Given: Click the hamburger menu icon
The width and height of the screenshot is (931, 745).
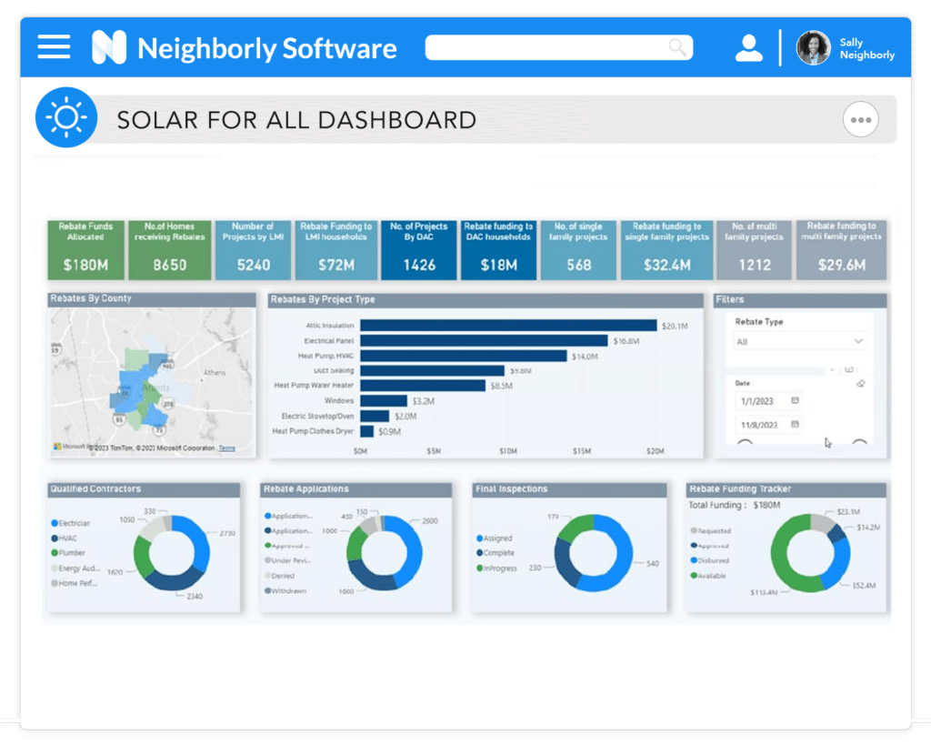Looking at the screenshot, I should (x=54, y=46).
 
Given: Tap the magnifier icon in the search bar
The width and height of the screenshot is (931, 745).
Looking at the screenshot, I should (x=677, y=47).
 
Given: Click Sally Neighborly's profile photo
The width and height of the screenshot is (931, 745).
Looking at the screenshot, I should (x=813, y=48).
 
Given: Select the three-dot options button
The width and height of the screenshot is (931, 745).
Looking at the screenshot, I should (x=860, y=119).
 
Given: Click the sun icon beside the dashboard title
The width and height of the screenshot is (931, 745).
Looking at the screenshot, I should (x=65, y=118).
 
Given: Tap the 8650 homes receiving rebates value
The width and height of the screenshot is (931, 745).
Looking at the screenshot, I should (x=169, y=265).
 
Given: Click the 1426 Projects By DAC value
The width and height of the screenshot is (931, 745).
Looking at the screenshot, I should (x=419, y=265).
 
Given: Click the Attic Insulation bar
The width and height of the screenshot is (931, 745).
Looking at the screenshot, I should (x=507, y=325).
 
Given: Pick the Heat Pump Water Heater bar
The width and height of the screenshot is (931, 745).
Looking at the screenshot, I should (x=424, y=386).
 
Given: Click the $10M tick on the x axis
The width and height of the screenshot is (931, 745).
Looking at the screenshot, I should (x=508, y=451).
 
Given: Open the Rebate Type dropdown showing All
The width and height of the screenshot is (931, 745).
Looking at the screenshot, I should (x=799, y=341).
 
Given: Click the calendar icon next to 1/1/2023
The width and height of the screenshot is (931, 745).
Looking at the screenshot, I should (x=795, y=400).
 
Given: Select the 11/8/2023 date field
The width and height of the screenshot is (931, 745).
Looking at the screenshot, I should (x=759, y=425).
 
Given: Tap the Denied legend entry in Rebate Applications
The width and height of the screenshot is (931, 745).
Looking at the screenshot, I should (x=284, y=576).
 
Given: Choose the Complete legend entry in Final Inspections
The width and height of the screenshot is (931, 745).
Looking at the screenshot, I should (x=498, y=553).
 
